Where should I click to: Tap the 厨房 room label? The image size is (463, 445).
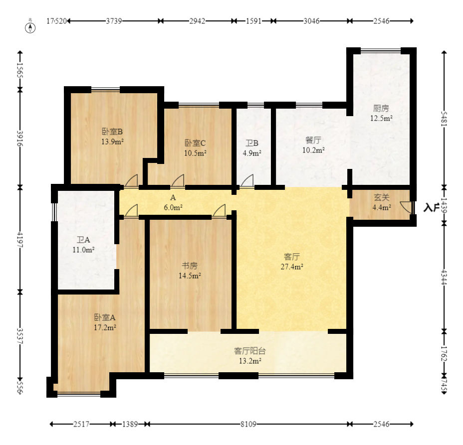click(x=381, y=108)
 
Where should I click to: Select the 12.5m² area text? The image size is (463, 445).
click(x=381, y=119)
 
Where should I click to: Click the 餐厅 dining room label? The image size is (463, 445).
click(x=313, y=140)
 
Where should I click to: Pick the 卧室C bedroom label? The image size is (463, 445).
click(x=195, y=143)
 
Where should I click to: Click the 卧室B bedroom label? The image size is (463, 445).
click(x=112, y=132)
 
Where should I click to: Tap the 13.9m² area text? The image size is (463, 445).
click(x=112, y=142)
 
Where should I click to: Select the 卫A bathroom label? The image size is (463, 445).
click(x=84, y=240)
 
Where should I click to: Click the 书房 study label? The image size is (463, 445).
click(x=190, y=265)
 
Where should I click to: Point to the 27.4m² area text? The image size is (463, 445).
click(x=292, y=267)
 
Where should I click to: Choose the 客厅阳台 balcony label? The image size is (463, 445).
click(x=250, y=351)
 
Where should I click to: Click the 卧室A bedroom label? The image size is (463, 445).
click(x=105, y=317)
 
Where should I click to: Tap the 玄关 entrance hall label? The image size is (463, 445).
click(x=382, y=197)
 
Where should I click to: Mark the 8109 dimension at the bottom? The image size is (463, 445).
click(x=248, y=425)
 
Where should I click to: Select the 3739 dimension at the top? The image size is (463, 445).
click(x=114, y=21)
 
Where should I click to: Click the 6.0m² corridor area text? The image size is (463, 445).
click(x=173, y=207)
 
